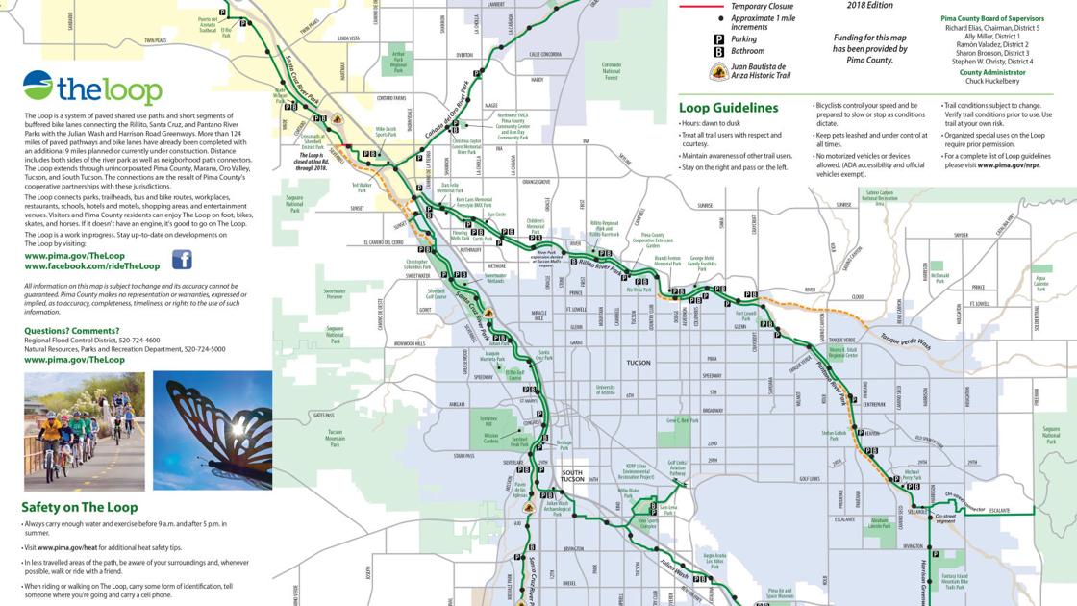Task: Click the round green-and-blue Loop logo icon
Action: (38, 87)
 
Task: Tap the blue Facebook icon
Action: (182, 260)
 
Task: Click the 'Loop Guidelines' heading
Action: (728, 108)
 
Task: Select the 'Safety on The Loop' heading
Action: (80, 507)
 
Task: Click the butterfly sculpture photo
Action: (212, 431)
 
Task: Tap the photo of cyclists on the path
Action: (84, 431)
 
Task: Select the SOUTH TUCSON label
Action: (572, 475)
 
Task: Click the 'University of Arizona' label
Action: (605, 389)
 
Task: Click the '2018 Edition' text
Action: (869, 6)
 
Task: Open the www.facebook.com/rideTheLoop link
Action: (92, 265)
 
